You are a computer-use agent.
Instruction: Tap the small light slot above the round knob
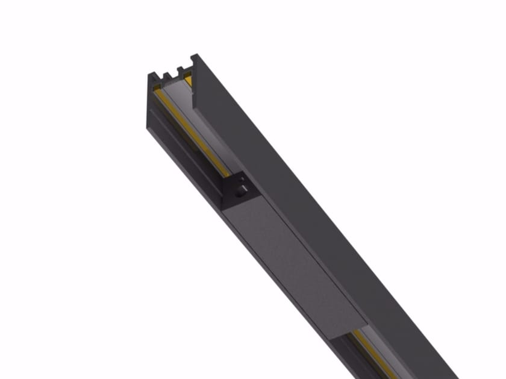coord(242,179)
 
